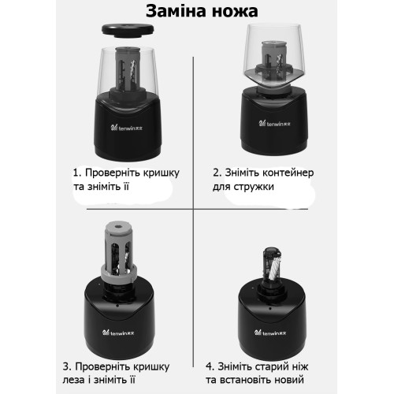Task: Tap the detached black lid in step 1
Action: coord(128,30)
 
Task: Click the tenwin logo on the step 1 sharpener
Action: coord(127,128)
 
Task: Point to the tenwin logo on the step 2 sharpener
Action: coord(274,123)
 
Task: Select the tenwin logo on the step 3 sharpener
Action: coord(118,333)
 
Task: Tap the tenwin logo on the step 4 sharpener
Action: coord(270,333)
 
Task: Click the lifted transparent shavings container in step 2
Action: coord(274,57)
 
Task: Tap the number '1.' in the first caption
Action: coord(77,173)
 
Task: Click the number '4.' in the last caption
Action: coord(210,366)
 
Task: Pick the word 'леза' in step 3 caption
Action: coord(74,380)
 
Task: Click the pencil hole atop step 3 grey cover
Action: coord(117,226)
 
